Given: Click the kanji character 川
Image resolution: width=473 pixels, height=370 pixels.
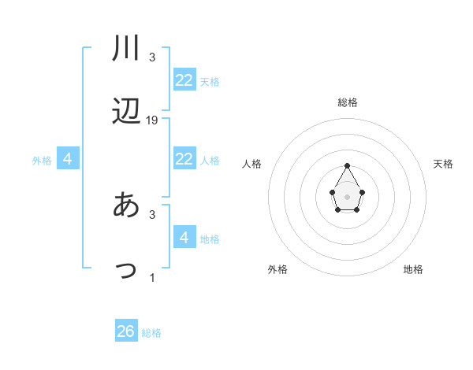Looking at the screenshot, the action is click(x=126, y=49).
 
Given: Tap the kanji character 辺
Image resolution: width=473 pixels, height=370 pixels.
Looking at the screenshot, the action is click(x=126, y=112).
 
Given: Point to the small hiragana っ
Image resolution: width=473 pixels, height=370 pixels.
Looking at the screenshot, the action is click(x=126, y=269).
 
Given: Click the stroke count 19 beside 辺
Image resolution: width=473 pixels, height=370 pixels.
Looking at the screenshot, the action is click(x=152, y=120).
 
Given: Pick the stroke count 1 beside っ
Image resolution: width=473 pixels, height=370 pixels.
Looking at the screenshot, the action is click(x=152, y=278).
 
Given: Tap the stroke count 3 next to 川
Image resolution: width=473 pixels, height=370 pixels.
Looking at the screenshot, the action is click(x=152, y=57).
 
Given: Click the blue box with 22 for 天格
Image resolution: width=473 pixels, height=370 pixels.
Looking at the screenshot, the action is click(x=184, y=80).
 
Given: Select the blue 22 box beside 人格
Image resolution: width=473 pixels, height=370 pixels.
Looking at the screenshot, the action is click(x=184, y=159).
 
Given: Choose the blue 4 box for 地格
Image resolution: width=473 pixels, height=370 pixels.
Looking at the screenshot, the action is click(x=184, y=238).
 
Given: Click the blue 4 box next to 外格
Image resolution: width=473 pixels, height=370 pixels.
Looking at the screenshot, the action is click(x=68, y=159).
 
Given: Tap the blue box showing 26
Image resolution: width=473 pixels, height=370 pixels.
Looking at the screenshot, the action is click(x=126, y=331).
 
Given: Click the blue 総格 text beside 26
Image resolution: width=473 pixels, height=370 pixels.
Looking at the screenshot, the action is click(x=151, y=333).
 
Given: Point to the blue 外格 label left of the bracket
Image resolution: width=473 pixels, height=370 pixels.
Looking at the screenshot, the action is click(x=42, y=161).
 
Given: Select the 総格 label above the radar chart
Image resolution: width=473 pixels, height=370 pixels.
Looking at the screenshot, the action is click(x=348, y=102).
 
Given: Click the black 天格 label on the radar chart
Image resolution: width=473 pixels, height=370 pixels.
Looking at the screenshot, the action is click(x=443, y=164).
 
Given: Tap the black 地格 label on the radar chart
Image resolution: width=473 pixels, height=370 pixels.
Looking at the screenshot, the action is click(x=413, y=269).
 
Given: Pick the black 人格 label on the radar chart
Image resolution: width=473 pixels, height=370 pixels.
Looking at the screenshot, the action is click(x=252, y=164).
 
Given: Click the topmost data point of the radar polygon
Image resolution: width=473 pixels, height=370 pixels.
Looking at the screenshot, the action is click(x=348, y=165).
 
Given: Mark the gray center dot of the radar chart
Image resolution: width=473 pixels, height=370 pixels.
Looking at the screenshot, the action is click(x=348, y=195).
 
